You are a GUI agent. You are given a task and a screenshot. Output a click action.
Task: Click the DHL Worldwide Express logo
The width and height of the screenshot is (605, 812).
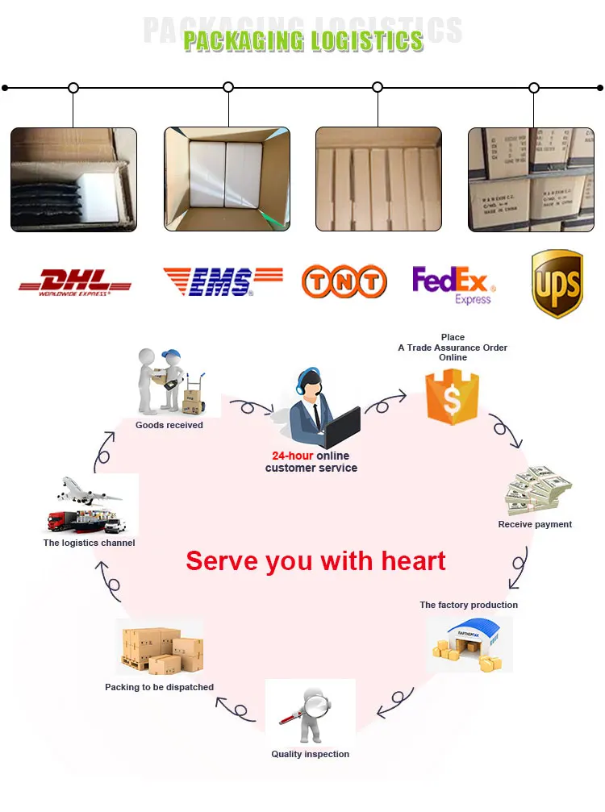(75, 281)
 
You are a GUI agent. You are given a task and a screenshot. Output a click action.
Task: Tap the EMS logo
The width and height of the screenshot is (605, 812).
(223, 281)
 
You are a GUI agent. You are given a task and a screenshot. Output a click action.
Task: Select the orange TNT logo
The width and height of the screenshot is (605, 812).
(344, 281)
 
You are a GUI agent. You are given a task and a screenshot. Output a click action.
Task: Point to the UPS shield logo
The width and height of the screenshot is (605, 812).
(557, 283)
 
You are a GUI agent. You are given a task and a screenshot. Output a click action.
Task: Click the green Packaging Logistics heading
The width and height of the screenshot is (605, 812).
(303, 41)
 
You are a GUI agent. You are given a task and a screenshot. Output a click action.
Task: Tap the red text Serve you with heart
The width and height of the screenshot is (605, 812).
(315, 560)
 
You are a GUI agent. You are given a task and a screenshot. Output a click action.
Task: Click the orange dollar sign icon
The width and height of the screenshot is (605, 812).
(453, 396)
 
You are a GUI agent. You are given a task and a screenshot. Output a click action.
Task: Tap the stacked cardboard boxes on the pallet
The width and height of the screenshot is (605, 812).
(161, 650)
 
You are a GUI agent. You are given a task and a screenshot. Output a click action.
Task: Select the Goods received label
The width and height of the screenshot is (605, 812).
(169, 425)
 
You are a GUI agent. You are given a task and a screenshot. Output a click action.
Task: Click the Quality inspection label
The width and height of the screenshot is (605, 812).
(311, 754)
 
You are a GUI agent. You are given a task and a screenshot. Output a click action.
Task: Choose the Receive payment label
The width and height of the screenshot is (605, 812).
(535, 524)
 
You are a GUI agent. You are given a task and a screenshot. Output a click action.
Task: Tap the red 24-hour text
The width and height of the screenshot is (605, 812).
(292, 456)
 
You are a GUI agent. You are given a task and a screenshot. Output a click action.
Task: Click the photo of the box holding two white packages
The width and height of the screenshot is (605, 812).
(227, 179)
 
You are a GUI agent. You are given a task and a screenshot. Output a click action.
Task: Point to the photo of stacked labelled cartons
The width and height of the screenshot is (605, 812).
(531, 179)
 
